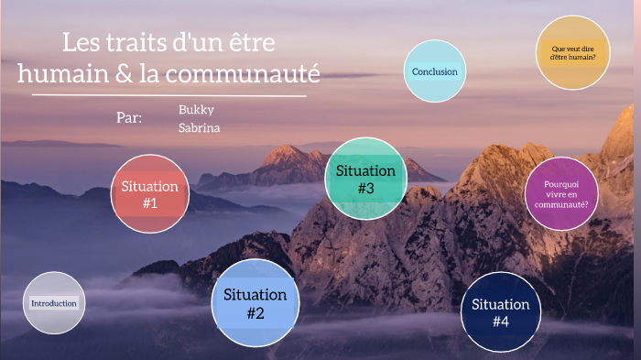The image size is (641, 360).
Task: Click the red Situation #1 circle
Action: pos(150,194)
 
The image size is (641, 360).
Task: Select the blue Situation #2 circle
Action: pos(255,303)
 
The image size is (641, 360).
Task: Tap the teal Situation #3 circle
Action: pos(365,179)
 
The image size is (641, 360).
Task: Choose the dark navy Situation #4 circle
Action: pos(500,312)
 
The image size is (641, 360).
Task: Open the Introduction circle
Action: pos(54,303)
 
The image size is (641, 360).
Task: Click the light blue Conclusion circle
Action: pos(435,71)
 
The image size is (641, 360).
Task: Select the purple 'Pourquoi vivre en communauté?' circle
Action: pos(561,193)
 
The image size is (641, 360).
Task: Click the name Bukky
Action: pos(196,109)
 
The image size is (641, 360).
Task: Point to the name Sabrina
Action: pos(199,127)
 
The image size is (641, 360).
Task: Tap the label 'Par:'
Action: pos(130,117)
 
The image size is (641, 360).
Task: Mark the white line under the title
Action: pos(169,94)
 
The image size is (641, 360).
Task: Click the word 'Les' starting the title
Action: pos(81,42)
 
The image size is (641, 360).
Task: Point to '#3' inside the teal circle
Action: pos(365,189)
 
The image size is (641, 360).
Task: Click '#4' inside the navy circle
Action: pos(500,322)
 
